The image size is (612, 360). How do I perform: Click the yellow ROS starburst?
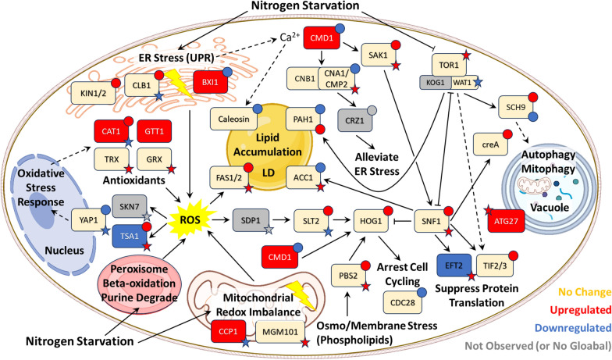(190, 219)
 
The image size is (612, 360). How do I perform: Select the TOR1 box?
(449, 65)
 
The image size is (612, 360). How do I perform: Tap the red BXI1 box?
(210, 83)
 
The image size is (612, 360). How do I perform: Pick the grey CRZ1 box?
(354, 120)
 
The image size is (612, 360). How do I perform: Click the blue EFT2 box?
(454, 266)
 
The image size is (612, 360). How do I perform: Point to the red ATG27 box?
(506, 221)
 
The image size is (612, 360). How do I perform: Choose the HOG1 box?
(371, 221)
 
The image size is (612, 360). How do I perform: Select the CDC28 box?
(403, 302)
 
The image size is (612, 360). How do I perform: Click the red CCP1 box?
(228, 331)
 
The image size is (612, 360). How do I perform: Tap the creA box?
(490, 144)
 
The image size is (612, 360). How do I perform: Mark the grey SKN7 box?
(130, 206)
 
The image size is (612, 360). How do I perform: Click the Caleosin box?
(233, 119)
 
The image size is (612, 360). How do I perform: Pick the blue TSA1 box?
(130, 236)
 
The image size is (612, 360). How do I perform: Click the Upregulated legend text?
(581, 310)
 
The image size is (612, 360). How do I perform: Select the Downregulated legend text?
(573, 328)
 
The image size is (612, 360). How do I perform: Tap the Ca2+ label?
(290, 37)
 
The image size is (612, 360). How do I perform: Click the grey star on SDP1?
(269, 230)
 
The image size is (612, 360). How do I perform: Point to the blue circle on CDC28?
(422, 292)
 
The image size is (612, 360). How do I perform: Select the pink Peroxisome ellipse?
(139, 283)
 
